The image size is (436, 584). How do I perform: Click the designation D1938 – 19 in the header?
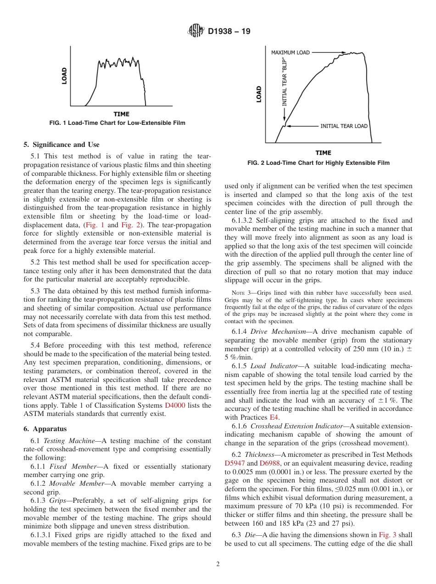(x=229, y=32)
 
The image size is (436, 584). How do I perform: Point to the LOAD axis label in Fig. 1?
(x=64, y=76)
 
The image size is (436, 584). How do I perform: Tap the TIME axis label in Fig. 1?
(x=121, y=114)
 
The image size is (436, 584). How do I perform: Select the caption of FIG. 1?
(x=117, y=123)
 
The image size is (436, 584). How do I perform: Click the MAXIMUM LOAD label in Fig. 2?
(x=290, y=53)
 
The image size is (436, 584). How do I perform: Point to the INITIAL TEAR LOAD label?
(x=344, y=126)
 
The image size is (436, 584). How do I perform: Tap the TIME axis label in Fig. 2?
(x=323, y=153)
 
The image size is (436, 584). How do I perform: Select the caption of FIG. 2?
(x=319, y=163)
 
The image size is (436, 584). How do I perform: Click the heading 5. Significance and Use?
(x=61, y=145)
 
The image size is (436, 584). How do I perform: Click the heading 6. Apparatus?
(x=45, y=429)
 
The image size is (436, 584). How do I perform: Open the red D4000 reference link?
(x=175, y=405)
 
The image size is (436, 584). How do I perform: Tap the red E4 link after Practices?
(x=274, y=417)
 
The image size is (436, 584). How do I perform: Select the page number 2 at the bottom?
(x=218, y=564)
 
